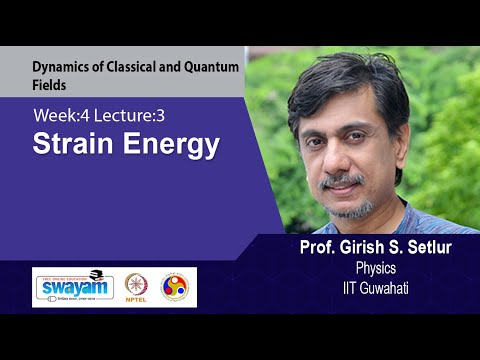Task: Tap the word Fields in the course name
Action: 49,87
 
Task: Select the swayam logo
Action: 77,287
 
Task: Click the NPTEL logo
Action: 137,287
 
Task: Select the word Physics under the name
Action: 377,268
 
